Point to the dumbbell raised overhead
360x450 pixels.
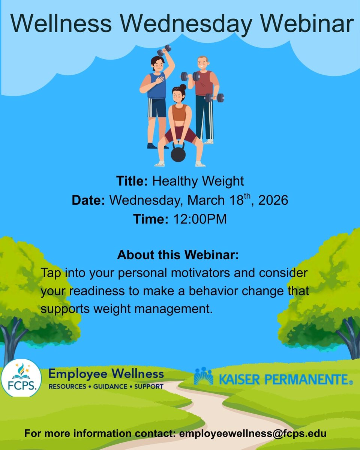pyautogui.click(x=164, y=50)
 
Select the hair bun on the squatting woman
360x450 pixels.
pyautogui.click(x=183, y=87)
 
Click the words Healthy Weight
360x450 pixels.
pyautogui.click(x=198, y=181)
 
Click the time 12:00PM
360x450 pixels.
pyautogui.click(x=200, y=219)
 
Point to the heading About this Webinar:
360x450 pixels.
pyautogui.click(x=178, y=255)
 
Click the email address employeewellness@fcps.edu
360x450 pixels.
pyautogui.click(x=253, y=433)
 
